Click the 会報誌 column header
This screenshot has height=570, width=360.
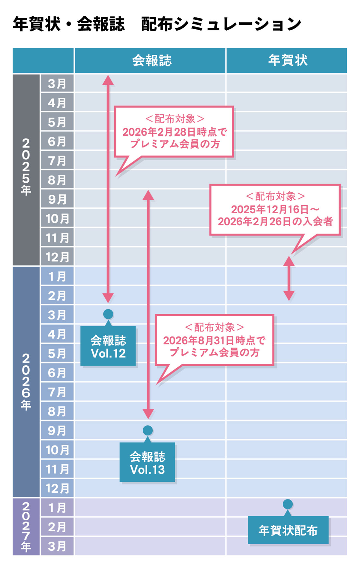pos(151,61)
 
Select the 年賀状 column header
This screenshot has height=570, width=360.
pos(288,61)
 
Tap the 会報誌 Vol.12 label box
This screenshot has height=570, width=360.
pos(108,347)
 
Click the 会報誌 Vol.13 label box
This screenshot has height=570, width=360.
pos(147,463)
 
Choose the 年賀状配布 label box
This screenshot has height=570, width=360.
pos(288,530)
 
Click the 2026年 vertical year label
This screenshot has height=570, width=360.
pos(26,382)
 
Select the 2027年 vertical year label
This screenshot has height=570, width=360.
pos(26,527)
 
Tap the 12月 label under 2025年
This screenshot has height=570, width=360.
pos(57,257)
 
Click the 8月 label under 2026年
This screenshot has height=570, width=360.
pos(57,411)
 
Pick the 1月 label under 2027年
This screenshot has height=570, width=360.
pos(57,508)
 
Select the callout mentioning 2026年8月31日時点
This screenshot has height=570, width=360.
pos(214,340)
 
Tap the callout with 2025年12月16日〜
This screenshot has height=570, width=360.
pos(275,209)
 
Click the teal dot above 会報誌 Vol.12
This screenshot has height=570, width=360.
pos(108,314)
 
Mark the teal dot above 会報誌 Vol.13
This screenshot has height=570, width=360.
pos(148,430)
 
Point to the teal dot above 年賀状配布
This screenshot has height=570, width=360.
pos(288,504)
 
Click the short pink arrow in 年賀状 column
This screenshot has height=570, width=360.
pos(289,278)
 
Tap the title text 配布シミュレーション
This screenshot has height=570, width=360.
pos(221,24)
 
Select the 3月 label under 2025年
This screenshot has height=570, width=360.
pos(57,84)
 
